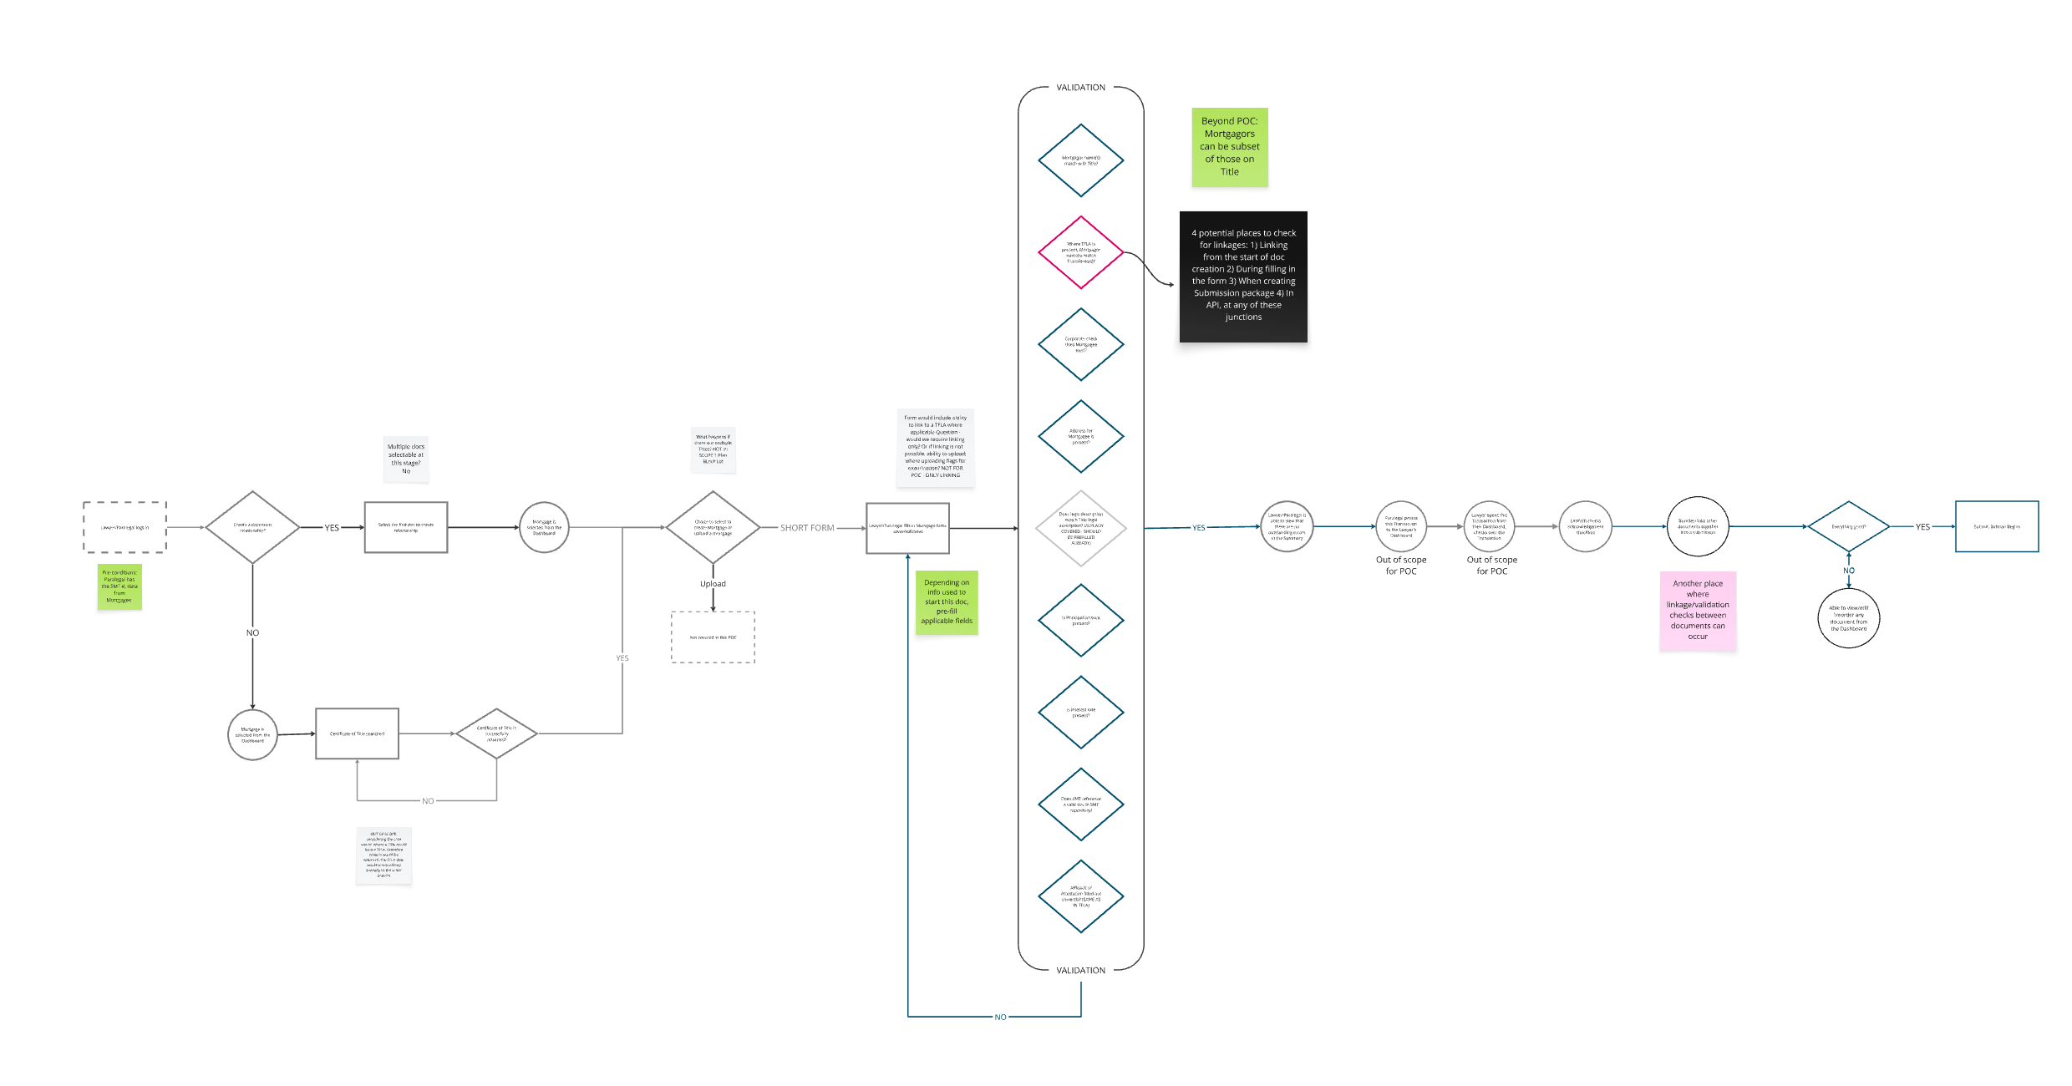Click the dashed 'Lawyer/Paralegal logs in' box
tap(124, 527)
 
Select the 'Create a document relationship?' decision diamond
tap(252, 527)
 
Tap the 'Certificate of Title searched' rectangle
tap(357, 733)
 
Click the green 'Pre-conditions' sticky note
tap(119, 586)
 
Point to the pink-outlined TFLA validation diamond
tap(1080, 252)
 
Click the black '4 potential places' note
tap(1243, 277)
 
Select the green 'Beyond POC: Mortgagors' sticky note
tap(1229, 147)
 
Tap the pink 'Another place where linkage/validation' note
tap(1698, 611)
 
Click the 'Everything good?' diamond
tap(1848, 527)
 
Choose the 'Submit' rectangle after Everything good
tap(1997, 527)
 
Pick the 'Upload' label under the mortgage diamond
tap(713, 584)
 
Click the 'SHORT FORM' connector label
tap(807, 528)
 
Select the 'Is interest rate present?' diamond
tap(1080, 713)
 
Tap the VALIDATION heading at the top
tap(1080, 88)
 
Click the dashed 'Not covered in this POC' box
tap(713, 637)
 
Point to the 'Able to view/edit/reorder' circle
tap(1848, 618)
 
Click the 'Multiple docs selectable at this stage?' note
tap(406, 459)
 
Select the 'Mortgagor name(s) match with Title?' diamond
tap(1080, 160)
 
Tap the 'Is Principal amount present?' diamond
tap(1080, 621)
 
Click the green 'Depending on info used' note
tap(947, 602)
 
